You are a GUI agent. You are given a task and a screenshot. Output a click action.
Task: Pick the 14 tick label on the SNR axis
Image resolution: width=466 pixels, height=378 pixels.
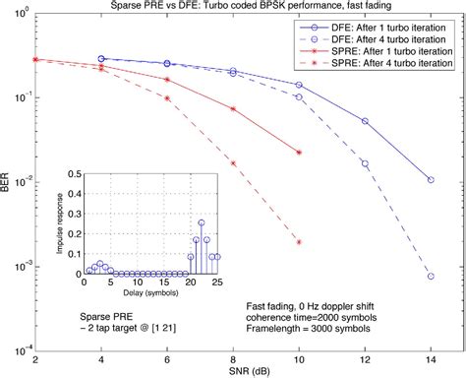[x=430, y=358]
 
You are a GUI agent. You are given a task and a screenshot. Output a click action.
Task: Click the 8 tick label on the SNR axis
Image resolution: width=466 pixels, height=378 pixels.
[x=232, y=358]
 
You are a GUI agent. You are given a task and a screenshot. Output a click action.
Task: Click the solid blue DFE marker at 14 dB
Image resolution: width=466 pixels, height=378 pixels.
[x=431, y=180]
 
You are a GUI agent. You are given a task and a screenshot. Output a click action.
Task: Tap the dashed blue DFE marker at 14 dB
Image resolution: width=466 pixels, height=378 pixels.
[x=431, y=277]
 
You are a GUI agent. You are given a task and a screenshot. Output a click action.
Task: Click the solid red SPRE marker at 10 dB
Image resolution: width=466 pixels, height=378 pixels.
[x=299, y=152]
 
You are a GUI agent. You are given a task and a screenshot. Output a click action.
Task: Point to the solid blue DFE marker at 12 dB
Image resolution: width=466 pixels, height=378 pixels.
[x=365, y=121]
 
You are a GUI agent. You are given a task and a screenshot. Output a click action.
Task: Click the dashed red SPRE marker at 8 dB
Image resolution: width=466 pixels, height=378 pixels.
[x=233, y=162]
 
